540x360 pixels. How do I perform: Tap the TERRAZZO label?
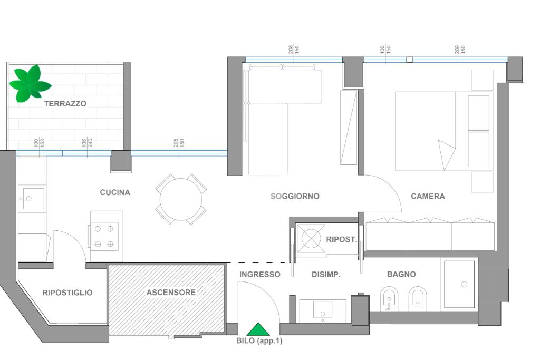pyautogui.click(x=65, y=104)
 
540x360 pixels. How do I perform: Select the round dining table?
pyautogui.click(x=181, y=199)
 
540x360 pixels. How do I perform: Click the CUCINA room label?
pyautogui.click(x=115, y=192)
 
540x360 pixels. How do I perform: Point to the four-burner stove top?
pyautogui.click(x=104, y=236)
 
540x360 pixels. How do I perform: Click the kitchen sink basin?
pyautogui.click(x=33, y=199)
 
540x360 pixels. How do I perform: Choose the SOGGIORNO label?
pyautogui.click(x=295, y=196)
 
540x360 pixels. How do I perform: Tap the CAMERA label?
pyautogui.click(x=428, y=196)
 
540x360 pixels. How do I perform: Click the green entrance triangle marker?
pyautogui.click(x=258, y=329)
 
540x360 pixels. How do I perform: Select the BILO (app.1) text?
pyautogui.click(x=259, y=340)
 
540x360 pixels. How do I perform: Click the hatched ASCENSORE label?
pyautogui.click(x=171, y=293)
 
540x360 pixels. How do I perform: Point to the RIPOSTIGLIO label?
pyautogui.click(x=67, y=293)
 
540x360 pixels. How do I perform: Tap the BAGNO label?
pyautogui.click(x=401, y=274)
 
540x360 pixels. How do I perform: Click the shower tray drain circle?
pyautogui.click(x=464, y=284)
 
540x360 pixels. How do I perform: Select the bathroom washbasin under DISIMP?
pyautogui.click(x=323, y=310)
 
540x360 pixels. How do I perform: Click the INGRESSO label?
pyautogui.click(x=259, y=274)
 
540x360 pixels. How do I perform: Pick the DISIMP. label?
pyautogui.click(x=326, y=274)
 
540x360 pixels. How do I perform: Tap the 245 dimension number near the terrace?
pyautogui.click(x=90, y=143)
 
